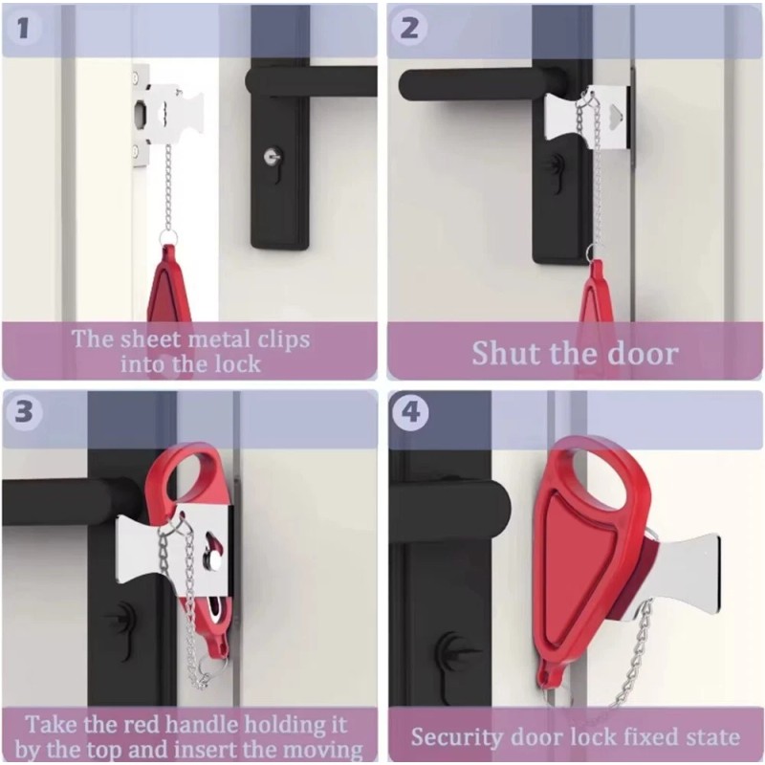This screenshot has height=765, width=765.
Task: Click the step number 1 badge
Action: pos(23,28)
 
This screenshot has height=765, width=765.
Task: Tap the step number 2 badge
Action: pos(409,28)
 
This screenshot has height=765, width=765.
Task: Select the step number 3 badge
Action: pos(23,413)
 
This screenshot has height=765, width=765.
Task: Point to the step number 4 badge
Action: pos(409,413)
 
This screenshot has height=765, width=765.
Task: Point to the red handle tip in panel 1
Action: pos(168,287)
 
